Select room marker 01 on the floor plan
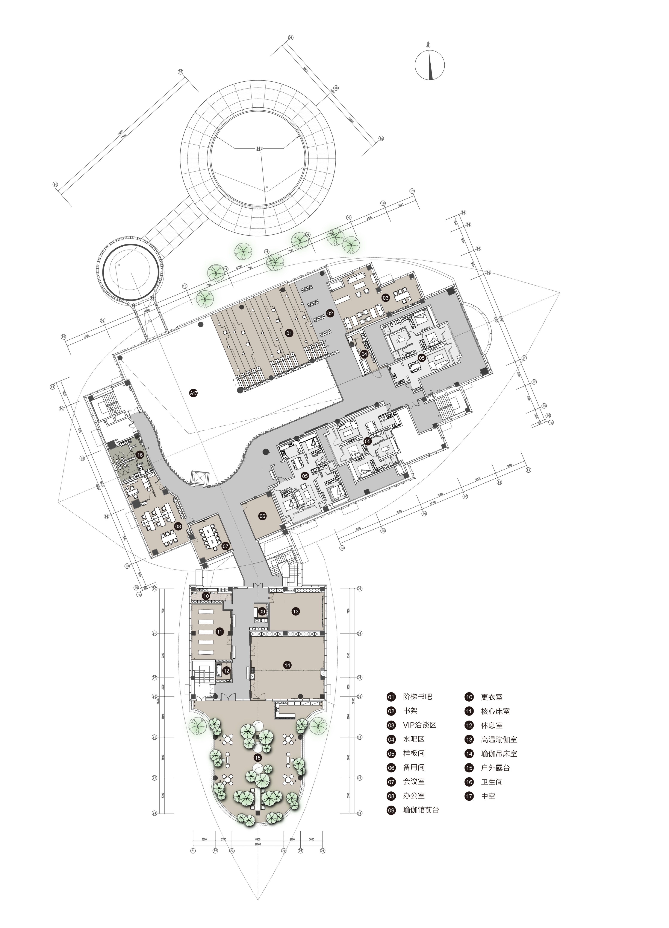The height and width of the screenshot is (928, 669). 289,333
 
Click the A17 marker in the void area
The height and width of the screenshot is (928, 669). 194,393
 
